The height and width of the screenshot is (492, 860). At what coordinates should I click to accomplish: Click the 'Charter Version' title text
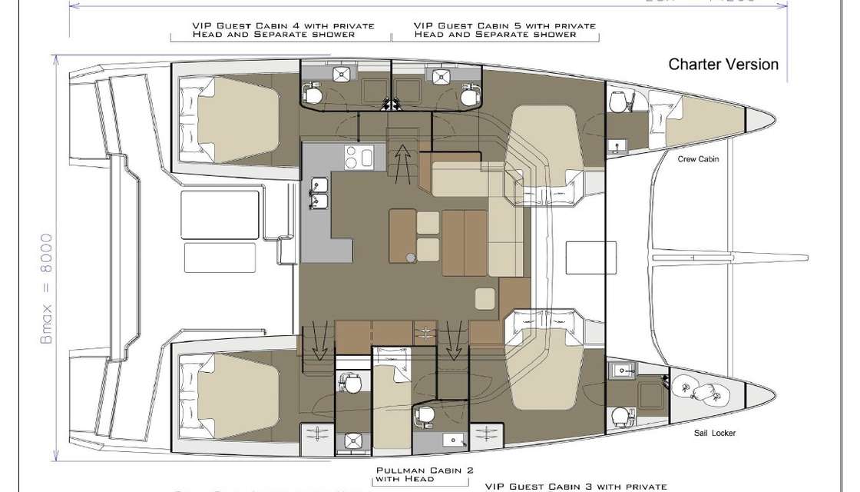[x=723, y=65]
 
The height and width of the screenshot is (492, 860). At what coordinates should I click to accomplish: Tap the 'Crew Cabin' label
[x=698, y=160]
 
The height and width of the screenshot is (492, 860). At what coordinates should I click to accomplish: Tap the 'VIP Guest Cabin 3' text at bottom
[x=576, y=486]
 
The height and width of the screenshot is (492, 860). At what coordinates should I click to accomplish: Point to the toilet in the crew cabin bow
[x=618, y=102]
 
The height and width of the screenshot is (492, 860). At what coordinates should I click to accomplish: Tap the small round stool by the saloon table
[x=412, y=258]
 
